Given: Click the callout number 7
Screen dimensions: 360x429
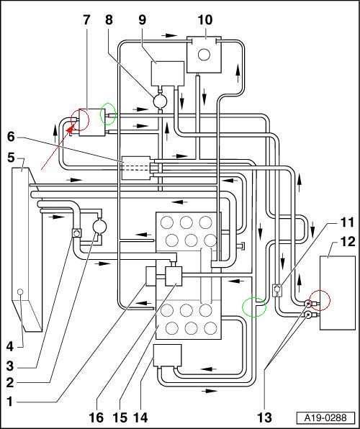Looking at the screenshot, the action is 86,20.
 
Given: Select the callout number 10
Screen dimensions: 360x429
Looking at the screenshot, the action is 205,20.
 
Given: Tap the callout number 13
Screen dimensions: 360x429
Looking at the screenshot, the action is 264,417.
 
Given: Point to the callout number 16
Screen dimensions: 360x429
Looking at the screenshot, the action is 96,417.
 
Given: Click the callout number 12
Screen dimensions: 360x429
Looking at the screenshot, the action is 348,242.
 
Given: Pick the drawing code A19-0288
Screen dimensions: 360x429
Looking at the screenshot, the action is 325,417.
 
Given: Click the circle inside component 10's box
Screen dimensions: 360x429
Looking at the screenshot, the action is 204,55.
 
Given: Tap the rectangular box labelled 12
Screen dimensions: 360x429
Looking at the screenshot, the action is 338,293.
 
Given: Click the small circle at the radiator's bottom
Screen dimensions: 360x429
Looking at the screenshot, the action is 19,292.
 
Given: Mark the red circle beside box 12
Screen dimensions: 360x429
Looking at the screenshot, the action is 320,301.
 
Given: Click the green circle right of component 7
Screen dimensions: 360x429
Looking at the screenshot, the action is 109,114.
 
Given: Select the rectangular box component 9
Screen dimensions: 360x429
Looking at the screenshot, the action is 168,73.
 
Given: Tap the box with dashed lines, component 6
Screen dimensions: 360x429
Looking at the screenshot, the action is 136,168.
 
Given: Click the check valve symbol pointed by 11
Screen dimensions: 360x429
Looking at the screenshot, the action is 278,290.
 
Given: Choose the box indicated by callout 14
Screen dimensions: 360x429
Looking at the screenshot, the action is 168,355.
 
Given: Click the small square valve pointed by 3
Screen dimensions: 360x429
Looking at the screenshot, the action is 76,232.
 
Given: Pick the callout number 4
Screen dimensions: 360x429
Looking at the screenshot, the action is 10,348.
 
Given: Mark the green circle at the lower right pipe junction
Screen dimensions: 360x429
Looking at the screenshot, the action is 254,307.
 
